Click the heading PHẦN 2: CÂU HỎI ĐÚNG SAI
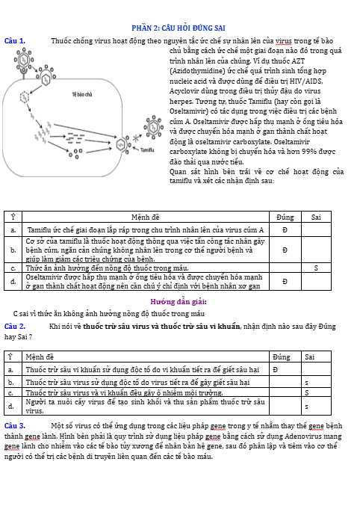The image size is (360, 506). coord(179,28)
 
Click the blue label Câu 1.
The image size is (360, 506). coord(15,41)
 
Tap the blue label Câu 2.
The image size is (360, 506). coord(15,327)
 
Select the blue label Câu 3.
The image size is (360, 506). coord(15,425)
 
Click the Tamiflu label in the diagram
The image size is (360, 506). coord(147,149)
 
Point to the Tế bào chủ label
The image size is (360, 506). coord(82,94)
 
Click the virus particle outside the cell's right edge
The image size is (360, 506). coord(153,127)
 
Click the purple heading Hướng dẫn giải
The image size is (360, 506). coord(179,302)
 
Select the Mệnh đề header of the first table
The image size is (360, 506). coord(145,217)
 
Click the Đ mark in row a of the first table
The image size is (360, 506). coord(285,230)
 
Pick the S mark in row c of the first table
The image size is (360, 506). coord(316,268)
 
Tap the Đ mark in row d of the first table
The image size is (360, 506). coord(285,282)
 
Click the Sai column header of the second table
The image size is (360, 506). coord(309,357)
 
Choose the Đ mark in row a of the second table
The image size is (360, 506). coord(275,370)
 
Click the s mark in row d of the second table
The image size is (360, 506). coord(306,407)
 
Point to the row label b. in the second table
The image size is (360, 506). coord(11,383)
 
